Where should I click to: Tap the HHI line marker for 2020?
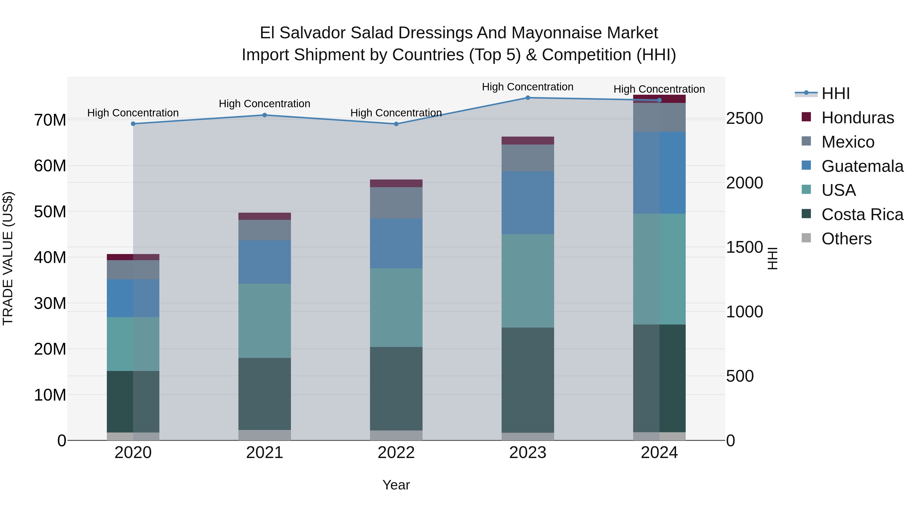tap(133, 124)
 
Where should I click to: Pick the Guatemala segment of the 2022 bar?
tap(396, 243)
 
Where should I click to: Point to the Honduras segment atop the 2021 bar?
tap(264, 216)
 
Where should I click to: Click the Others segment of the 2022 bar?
tap(396, 435)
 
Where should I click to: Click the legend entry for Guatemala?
tap(862, 166)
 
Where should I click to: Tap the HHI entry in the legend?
tap(835, 93)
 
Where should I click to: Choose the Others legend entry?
tap(846, 239)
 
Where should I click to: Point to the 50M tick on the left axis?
tap(50, 212)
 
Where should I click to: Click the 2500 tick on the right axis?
tap(744, 118)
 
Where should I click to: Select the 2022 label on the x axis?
tap(396, 453)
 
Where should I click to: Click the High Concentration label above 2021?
tap(264, 104)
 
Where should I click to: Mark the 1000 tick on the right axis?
tap(744, 312)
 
